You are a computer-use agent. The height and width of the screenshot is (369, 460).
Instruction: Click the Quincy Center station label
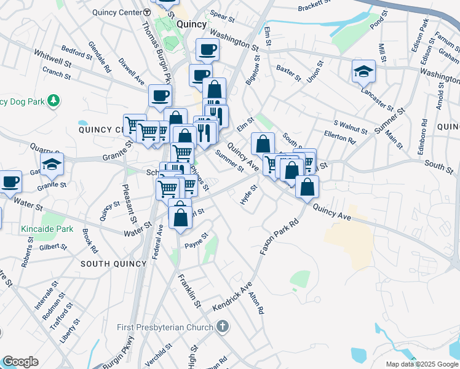coord(116,12)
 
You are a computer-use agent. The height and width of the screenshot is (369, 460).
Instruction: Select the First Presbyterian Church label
coord(164,326)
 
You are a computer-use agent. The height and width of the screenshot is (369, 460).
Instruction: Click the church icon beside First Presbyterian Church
coord(221,326)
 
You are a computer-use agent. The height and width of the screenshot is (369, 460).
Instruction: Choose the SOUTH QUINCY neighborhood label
coord(113,264)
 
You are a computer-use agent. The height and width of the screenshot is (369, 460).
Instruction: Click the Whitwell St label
coord(53,59)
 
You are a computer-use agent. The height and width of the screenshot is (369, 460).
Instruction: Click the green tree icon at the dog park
coord(54,100)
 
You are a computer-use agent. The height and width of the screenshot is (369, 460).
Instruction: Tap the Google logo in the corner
coord(20,362)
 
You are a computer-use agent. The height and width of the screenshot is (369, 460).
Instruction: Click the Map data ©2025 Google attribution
coord(421,364)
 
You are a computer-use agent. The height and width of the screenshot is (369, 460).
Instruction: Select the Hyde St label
coord(248,198)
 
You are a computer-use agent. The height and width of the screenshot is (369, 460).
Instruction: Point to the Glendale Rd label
coord(99,56)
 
